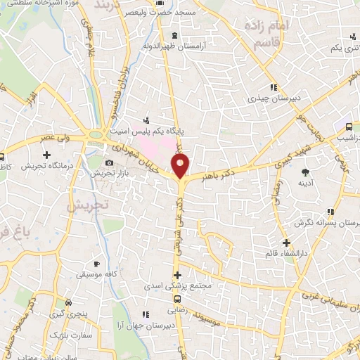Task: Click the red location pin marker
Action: click(181, 167)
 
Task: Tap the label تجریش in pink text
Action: click(84, 206)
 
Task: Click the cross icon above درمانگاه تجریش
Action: click(46, 155)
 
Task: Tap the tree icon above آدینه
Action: click(305, 172)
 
